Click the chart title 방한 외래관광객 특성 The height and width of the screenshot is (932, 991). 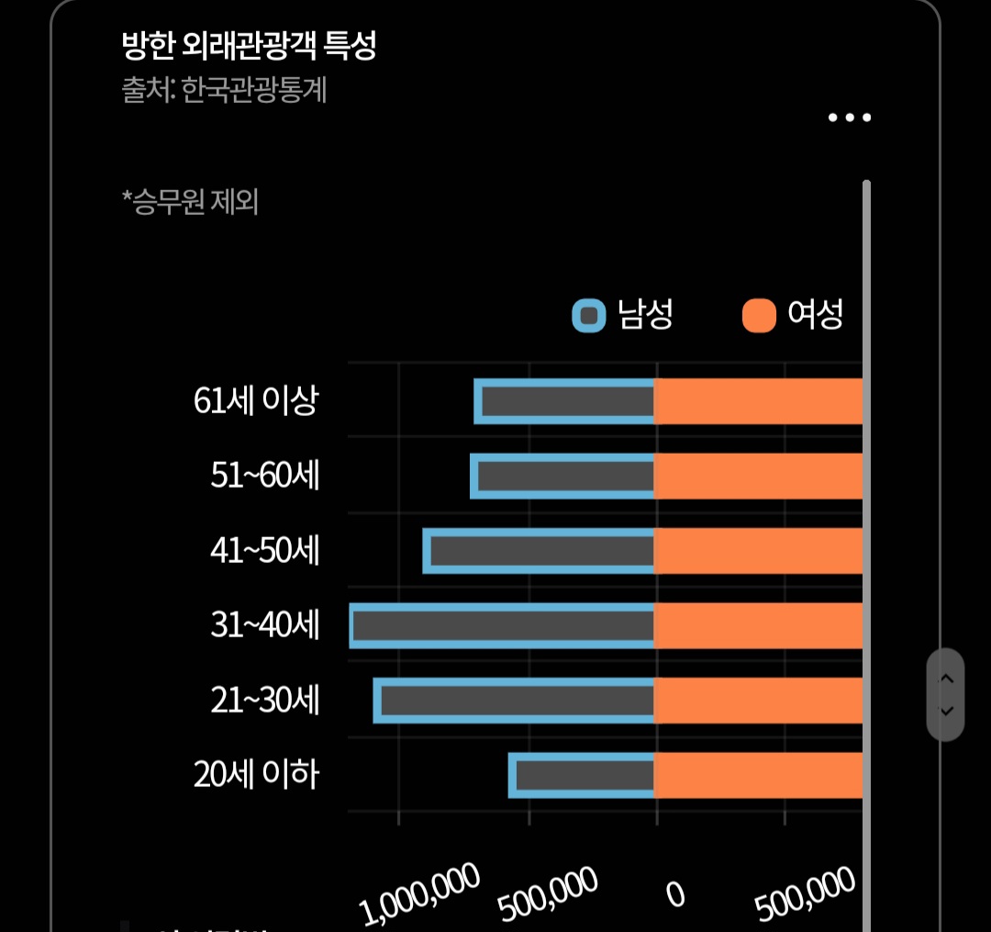point(249,46)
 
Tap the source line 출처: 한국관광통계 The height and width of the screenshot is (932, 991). point(225,91)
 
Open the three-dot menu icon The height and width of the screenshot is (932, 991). point(849,118)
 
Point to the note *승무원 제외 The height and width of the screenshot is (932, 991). point(190,201)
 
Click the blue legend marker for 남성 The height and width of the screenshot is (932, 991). point(589,316)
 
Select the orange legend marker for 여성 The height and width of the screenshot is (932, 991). point(759,316)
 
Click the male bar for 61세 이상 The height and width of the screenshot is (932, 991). point(564,401)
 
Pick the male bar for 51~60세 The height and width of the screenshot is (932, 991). point(562,476)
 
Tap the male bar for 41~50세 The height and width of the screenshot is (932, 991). point(539,551)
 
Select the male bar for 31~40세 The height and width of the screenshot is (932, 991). point(502,625)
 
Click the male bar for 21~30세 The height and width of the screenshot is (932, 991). point(514,701)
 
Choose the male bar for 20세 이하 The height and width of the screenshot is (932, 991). point(582,775)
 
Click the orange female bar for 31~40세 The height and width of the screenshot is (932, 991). point(759,625)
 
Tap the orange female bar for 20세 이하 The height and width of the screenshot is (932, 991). point(759,775)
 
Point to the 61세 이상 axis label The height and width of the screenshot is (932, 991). point(256,401)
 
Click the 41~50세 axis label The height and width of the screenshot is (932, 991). point(264,551)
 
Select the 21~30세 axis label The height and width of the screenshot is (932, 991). point(264,701)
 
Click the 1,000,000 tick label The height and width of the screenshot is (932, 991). point(421,893)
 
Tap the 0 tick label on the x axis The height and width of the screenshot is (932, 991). point(675,893)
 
